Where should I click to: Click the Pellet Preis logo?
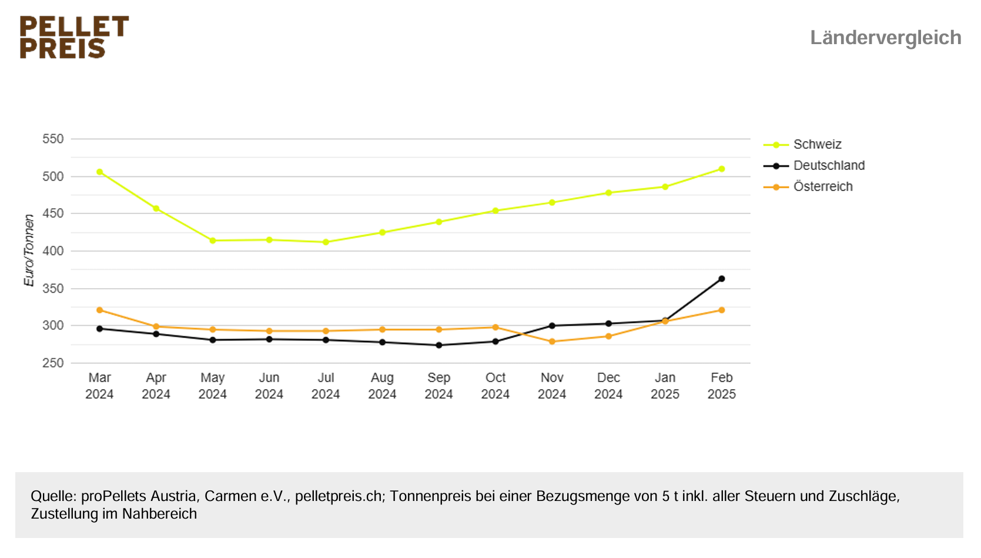coord(74,37)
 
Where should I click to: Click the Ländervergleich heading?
coord(885,38)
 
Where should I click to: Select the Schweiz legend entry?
coord(817,145)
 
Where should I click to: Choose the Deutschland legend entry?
coord(828,166)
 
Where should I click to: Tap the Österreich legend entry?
coord(822,187)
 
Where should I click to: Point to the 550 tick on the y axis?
coord(53,139)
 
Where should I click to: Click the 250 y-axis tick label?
coord(53,363)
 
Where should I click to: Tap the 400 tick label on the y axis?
coord(53,251)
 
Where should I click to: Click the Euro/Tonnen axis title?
coord(29,250)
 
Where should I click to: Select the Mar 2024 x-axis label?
coord(99,386)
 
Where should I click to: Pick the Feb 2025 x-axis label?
coord(721,386)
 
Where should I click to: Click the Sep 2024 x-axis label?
coord(438,386)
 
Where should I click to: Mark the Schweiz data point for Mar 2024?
coord(99,172)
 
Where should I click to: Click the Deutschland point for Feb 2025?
coord(721,279)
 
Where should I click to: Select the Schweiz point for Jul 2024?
coord(326,242)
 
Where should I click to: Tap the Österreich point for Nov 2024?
coord(552,342)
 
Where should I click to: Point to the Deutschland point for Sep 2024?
coord(438,345)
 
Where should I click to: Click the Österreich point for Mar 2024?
coord(99,310)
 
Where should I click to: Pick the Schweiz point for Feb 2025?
coord(721,169)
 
